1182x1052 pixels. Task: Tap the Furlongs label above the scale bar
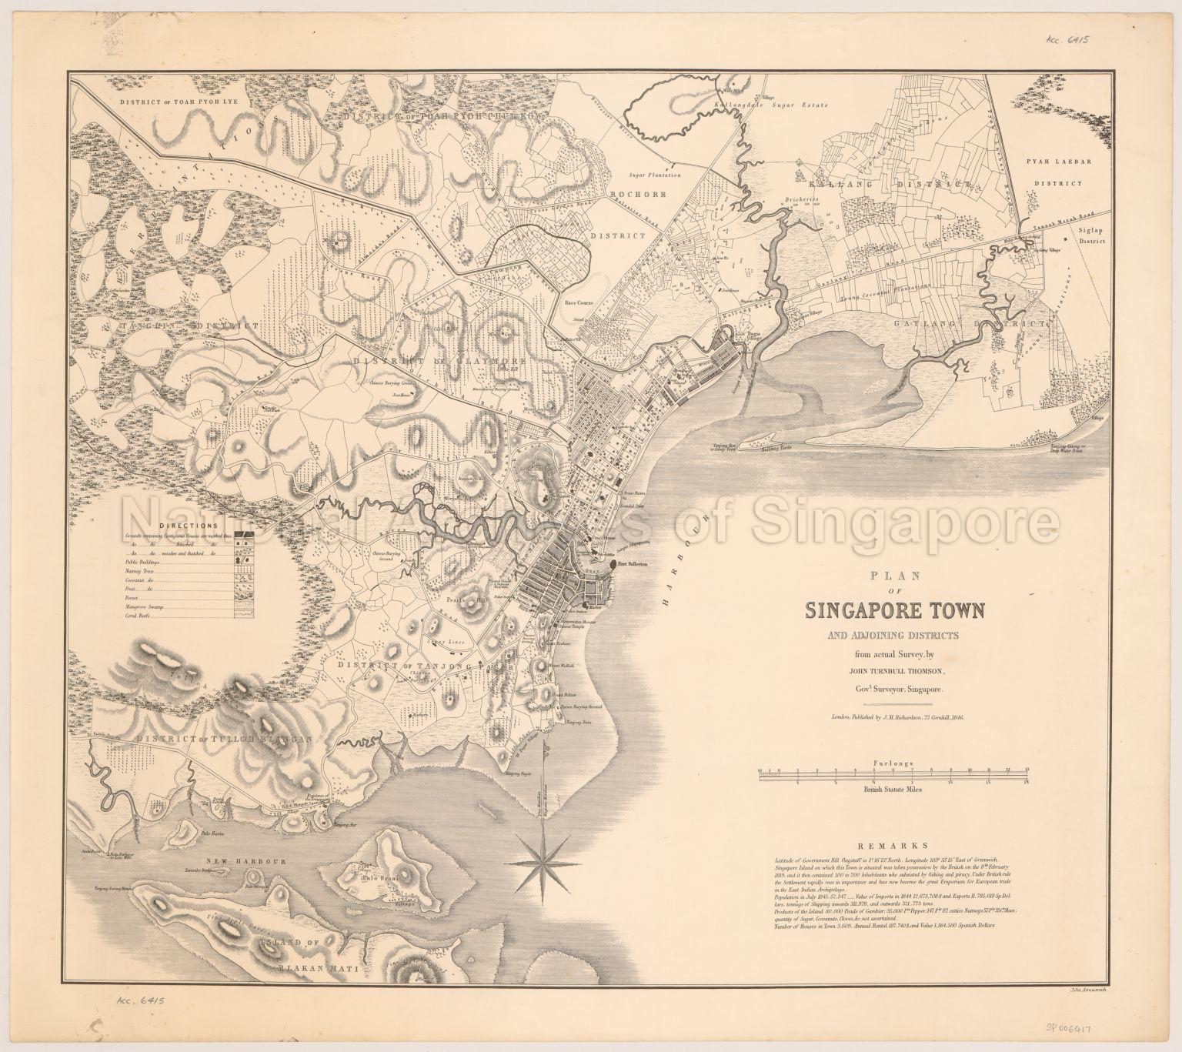(x=893, y=763)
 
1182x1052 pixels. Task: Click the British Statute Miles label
(x=893, y=789)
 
